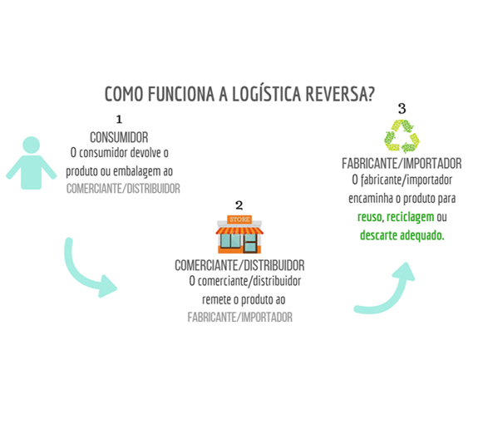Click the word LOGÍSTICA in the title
[x=266, y=94]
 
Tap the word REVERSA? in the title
[x=340, y=94]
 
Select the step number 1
[x=119, y=119]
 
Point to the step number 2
[x=239, y=205]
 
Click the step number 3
[x=402, y=108]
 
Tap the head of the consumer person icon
[x=31, y=145]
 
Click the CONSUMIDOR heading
[x=119, y=137]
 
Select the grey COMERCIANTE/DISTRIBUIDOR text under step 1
[x=123, y=189]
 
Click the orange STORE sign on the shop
[x=239, y=219]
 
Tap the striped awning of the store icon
[x=239, y=230]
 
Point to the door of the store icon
[x=250, y=244]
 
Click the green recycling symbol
[x=402, y=136]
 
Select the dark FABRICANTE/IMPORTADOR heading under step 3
[x=402, y=164]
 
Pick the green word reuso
[x=370, y=217]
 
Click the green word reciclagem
[x=411, y=218]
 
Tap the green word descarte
[x=378, y=235]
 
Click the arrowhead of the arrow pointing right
[x=107, y=286]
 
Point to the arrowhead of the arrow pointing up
[x=405, y=271]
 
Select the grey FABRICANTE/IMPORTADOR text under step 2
[x=240, y=318]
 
